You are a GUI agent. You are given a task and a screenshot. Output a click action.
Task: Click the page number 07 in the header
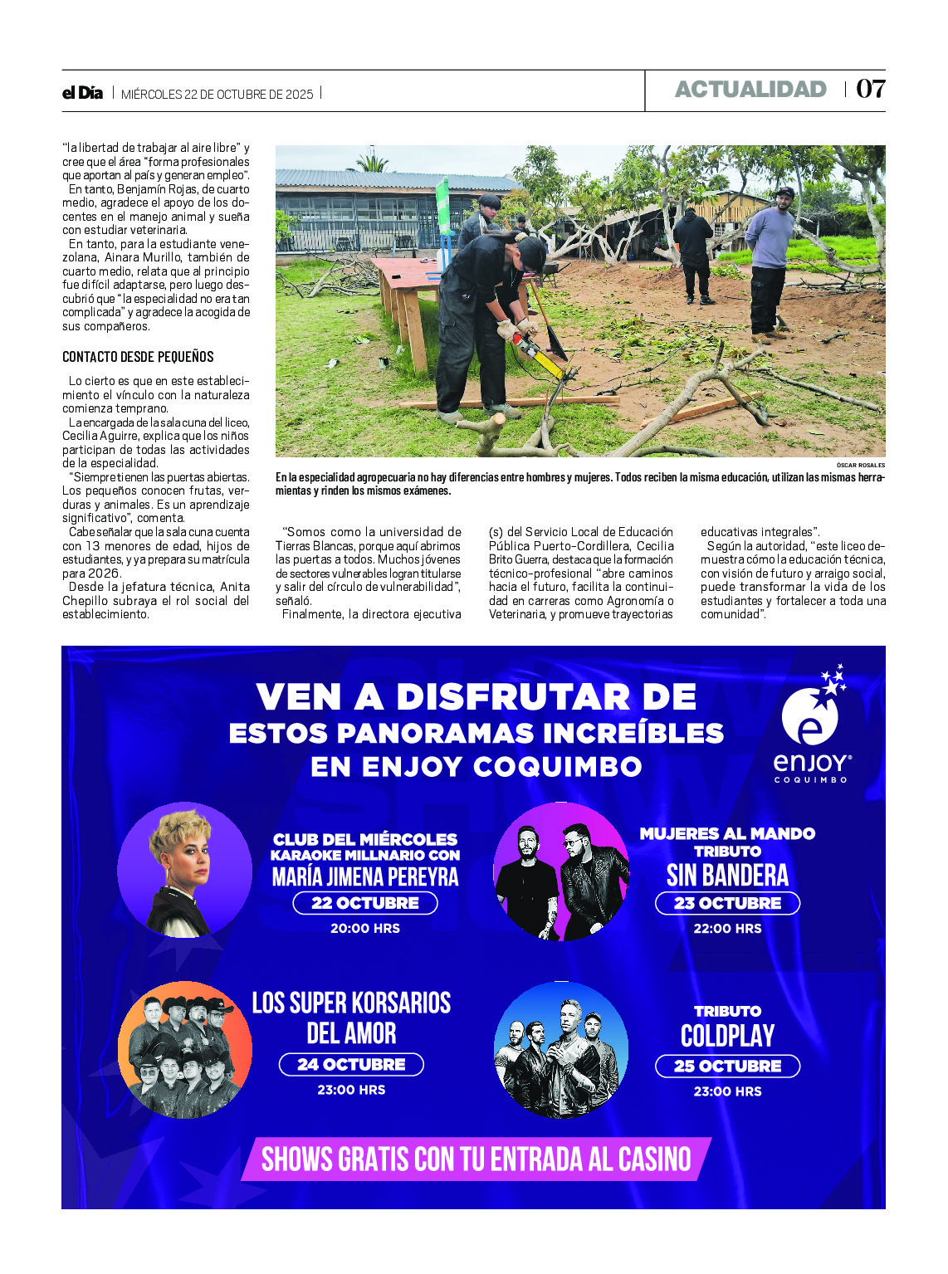(x=870, y=89)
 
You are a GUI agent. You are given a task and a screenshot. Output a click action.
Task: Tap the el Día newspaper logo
(x=82, y=93)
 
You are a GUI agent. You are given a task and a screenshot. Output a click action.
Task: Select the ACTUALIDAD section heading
(x=750, y=90)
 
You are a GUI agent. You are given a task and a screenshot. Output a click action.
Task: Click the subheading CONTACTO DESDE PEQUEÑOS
(x=138, y=357)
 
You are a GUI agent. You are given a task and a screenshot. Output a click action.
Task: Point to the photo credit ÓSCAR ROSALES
(x=860, y=466)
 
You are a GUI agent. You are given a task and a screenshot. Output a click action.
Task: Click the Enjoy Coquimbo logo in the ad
(x=811, y=726)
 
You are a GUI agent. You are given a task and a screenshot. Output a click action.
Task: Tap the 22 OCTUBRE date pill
(x=365, y=903)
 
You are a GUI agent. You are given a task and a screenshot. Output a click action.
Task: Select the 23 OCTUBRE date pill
(x=727, y=903)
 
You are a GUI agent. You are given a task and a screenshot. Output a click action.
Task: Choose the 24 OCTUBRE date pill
(x=351, y=1065)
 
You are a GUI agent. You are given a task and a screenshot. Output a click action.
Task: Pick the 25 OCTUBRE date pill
(x=727, y=1067)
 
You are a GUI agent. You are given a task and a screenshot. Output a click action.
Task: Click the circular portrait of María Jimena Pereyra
(x=184, y=871)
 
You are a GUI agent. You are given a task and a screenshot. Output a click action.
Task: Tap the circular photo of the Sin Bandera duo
(x=561, y=871)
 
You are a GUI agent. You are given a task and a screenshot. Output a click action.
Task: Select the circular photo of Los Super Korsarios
(x=184, y=1050)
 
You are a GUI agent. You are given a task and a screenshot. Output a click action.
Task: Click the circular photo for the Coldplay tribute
(x=561, y=1050)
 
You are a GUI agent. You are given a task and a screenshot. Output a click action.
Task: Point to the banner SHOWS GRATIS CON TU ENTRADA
(x=476, y=1159)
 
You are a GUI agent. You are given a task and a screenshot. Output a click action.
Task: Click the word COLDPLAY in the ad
(x=727, y=1036)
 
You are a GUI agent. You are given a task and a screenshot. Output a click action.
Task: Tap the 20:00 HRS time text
(x=365, y=929)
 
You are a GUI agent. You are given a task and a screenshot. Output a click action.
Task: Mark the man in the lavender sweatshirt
(x=770, y=261)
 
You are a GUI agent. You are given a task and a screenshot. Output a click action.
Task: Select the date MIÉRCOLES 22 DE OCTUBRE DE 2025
(x=217, y=95)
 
